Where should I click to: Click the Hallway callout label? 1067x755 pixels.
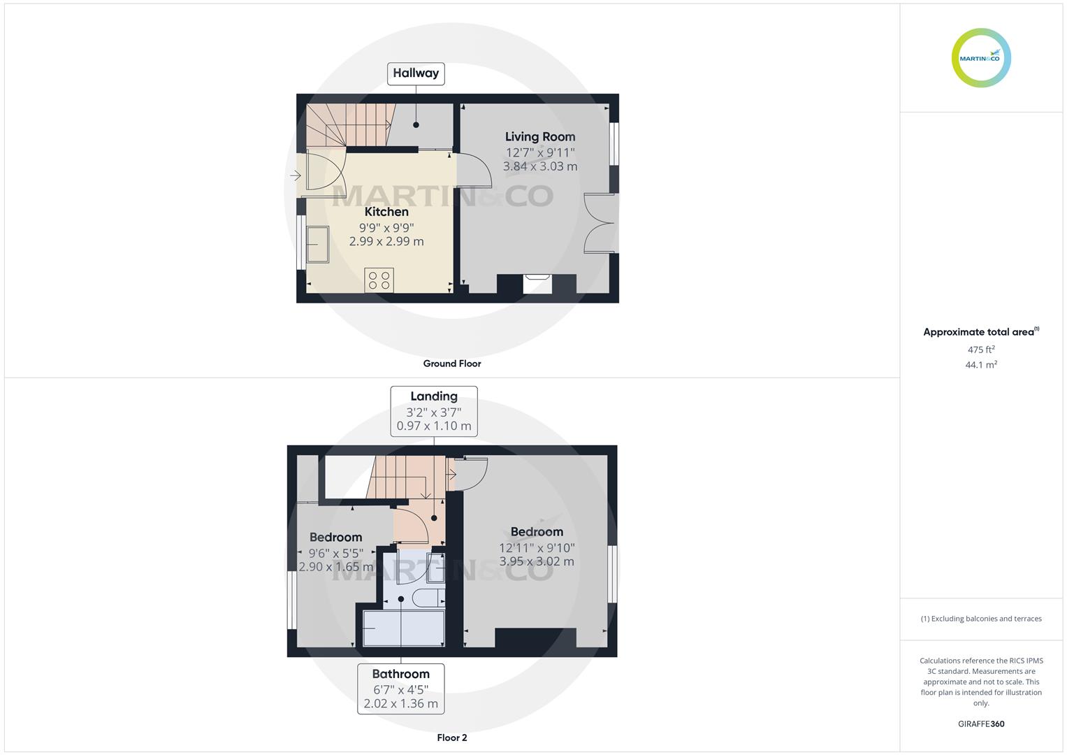coord(416,73)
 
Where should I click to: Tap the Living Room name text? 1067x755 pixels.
coord(540,137)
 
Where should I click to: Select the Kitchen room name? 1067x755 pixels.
coord(386,212)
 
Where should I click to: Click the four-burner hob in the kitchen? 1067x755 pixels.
coord(379,280)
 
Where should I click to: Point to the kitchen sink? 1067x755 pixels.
coord(317,245)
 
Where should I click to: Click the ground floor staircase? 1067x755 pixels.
coord(347,125)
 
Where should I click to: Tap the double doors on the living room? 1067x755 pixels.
coord(600,223)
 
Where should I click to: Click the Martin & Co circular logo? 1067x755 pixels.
coord(981,58)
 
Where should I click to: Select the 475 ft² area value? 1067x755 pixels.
coord(981,350)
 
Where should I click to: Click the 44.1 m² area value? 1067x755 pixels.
coord(981,365)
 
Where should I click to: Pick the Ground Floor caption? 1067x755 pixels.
coord(452,364)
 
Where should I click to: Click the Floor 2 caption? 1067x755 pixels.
coord(452,738)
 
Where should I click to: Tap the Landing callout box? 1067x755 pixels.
coord(434,411)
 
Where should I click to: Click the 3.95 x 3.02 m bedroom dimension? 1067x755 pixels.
coord(537,561)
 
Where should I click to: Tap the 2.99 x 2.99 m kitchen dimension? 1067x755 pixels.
coord(386,241)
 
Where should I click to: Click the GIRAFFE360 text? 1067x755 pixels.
coord(981,724)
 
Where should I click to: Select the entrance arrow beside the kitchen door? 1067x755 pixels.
coord(296,175)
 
